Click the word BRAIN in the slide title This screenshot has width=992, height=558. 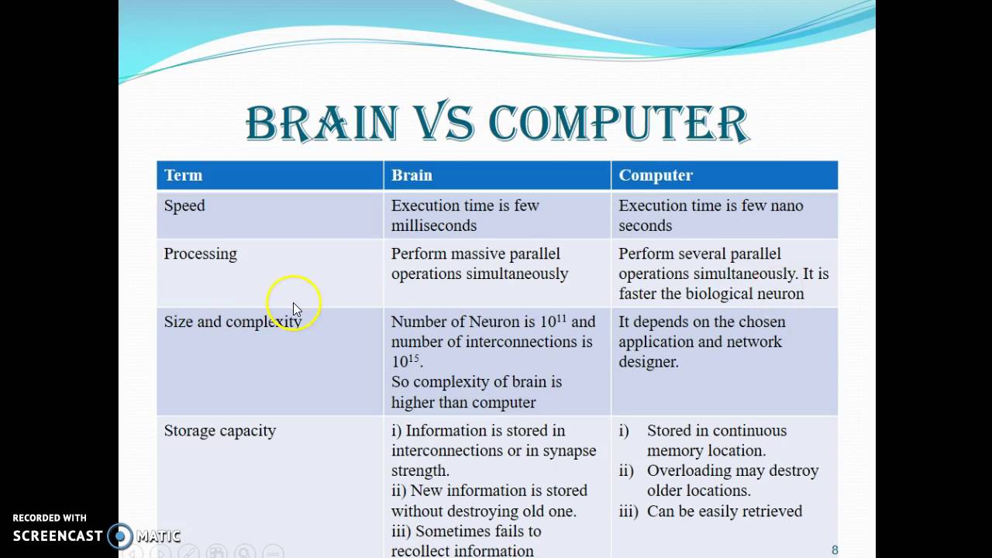(322, 123)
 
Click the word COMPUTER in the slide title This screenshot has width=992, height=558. (618, 123)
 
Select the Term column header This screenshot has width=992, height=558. (183, 175)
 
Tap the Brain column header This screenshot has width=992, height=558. (412, 175)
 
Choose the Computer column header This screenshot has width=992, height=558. (656, 175)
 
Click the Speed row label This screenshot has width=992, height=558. (184, 205)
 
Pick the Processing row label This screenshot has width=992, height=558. (200, 253)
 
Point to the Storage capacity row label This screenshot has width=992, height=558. (219, 430)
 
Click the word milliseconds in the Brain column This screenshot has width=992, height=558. (433, 226)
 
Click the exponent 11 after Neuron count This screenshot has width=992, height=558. (562, 317)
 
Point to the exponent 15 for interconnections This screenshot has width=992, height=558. (414, 357)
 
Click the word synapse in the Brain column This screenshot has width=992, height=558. (567, 450)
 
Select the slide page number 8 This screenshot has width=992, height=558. (835, 550)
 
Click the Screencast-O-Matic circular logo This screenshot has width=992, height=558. (120, 536)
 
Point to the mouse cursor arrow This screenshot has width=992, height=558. (297, 309)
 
